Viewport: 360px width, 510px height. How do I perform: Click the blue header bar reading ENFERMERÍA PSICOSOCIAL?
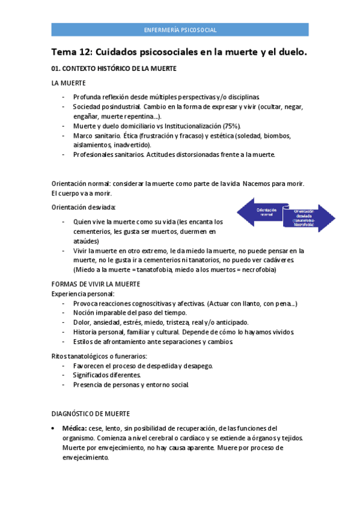click(180, 29)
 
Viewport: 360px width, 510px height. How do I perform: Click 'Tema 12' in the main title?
click(71, 52)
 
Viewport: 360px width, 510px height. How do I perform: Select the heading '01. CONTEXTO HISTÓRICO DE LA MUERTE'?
click(114, 69)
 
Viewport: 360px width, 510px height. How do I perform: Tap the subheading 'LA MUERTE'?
click(69, 83)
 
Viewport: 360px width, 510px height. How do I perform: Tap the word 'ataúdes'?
click(86, 241)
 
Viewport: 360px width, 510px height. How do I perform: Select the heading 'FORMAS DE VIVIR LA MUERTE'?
click(97, 284)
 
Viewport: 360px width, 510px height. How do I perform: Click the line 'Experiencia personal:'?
click(82, 293)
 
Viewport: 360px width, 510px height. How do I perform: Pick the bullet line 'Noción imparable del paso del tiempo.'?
click(130, 313)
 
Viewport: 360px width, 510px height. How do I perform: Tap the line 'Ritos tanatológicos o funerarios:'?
click(99, 356)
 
